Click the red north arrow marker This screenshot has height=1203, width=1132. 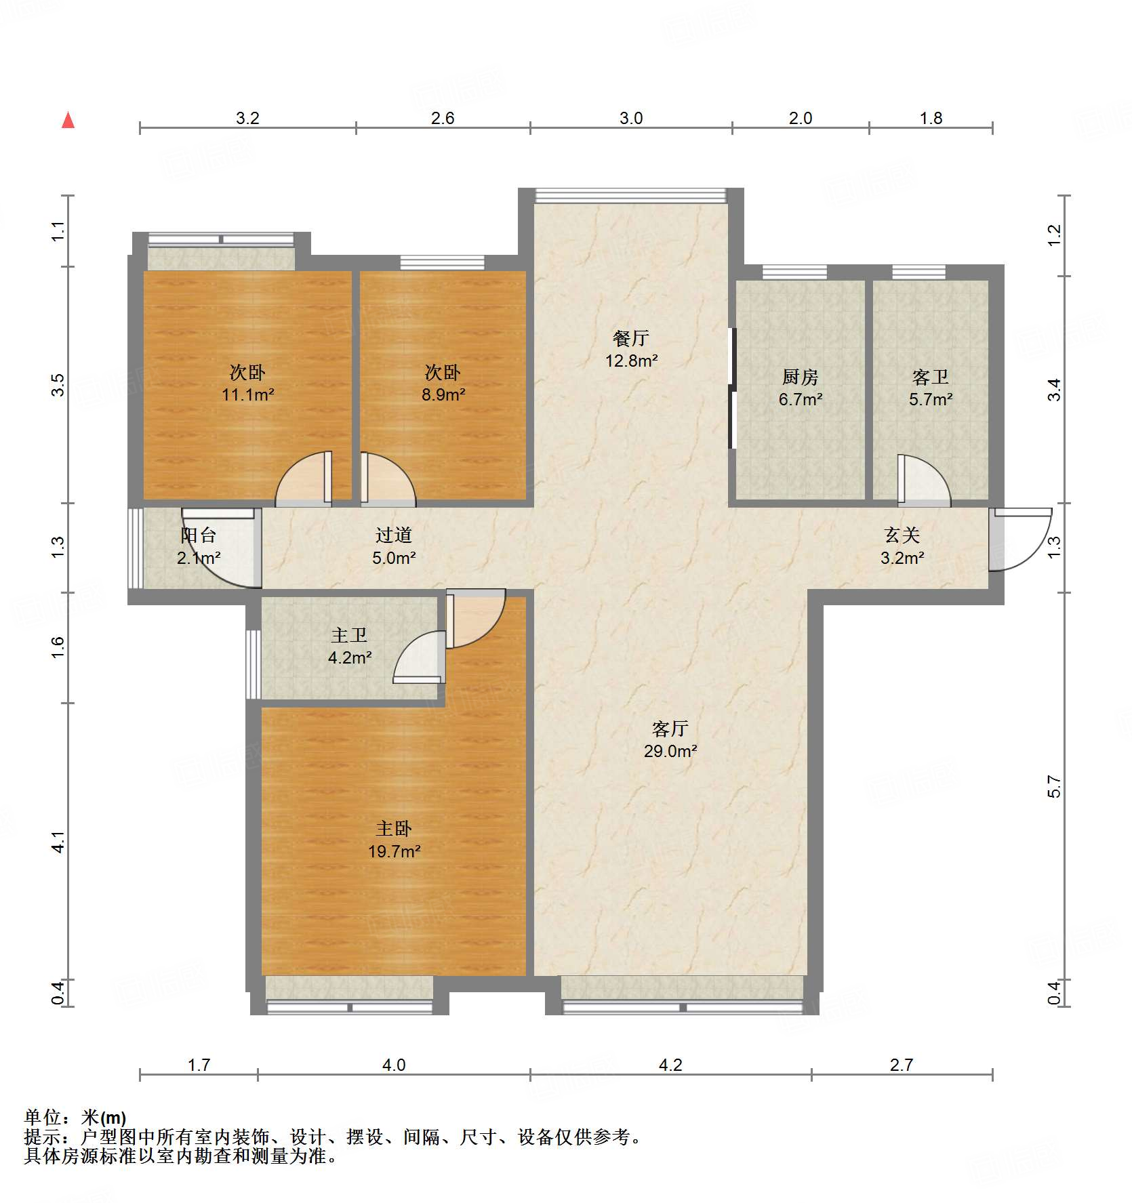68,121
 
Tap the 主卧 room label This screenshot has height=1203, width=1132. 394,828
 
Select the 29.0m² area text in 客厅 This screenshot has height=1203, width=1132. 670,751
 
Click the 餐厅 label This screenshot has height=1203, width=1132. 631,338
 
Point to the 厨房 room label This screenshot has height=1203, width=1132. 800,376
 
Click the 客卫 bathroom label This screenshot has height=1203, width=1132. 930,376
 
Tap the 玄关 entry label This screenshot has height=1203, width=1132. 902,535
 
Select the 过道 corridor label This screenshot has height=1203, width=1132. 394,535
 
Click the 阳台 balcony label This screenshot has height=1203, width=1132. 198,535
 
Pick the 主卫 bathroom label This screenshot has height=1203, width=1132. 349,635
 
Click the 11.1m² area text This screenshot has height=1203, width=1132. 247,394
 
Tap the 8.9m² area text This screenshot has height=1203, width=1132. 443,394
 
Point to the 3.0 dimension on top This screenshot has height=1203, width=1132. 631,118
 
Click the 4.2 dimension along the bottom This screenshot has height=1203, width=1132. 670,1065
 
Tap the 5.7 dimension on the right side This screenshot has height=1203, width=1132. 1054,786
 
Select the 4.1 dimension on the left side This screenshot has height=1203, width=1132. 59,842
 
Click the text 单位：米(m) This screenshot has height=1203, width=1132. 75,1118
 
